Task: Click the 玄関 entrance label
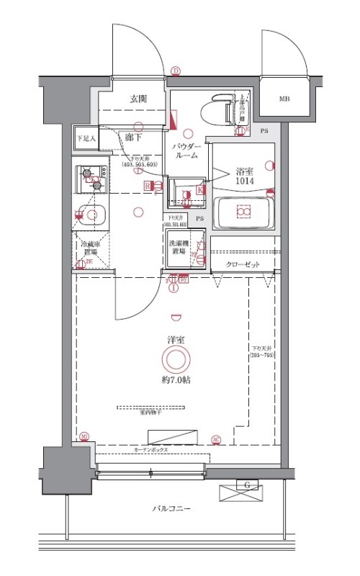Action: click(x=139, y=99)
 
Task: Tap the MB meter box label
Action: click(x=284, y=99)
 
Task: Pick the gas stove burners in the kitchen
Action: click(x=91, y=178)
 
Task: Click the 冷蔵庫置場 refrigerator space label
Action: click(x=89, y=249)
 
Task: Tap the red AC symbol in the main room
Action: click(x=216, y=439)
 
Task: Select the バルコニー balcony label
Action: click(x=171, y=508)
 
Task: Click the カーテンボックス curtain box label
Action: click(x=151, y=449)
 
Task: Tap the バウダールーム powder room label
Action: click(x=186, y=151)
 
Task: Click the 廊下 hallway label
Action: click(x=133, y=136)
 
